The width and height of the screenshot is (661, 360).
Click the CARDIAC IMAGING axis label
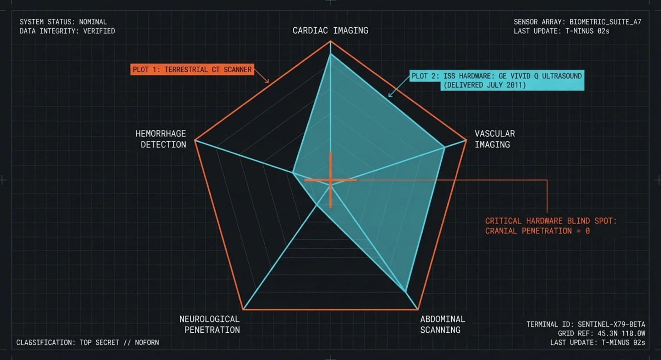point(330,31)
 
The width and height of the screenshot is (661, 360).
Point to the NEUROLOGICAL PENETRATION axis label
point(209,324)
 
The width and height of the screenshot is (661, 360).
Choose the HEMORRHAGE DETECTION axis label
point(161,139)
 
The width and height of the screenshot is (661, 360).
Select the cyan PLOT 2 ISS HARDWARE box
point(496,80)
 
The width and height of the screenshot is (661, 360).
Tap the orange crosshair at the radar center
point(330,180)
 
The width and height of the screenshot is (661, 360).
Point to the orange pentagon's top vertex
point(330,41)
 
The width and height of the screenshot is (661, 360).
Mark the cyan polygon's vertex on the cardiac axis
point(330,54)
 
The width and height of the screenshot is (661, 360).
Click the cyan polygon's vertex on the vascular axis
point(444,147)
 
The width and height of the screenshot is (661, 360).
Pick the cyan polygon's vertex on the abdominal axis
point(405,291)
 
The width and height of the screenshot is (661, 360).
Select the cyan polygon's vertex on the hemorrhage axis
point(293,173)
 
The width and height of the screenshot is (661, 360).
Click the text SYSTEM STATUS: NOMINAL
point(63,22)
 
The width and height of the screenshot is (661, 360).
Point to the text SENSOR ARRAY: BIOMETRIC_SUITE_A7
point(577,22)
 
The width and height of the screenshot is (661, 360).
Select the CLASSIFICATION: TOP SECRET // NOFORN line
point(88,342)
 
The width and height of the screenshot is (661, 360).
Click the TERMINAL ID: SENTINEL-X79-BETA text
point(586,324)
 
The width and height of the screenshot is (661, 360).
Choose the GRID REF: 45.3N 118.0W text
point(602,333)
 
